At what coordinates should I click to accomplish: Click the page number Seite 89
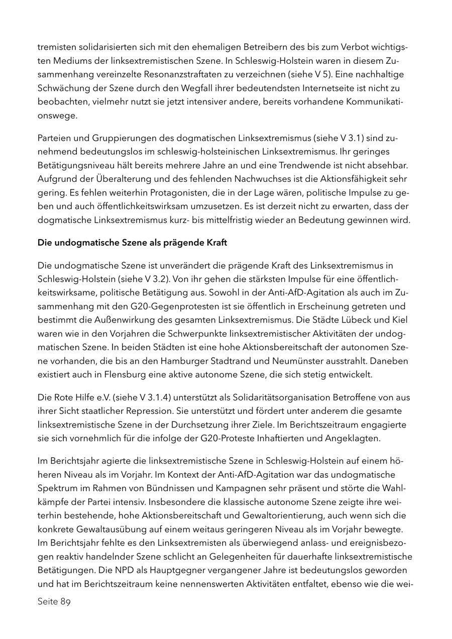(x=54, y=602)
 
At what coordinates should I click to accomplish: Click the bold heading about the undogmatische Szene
(x=132, y=243)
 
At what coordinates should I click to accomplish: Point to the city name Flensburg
(x=128, y=374)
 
